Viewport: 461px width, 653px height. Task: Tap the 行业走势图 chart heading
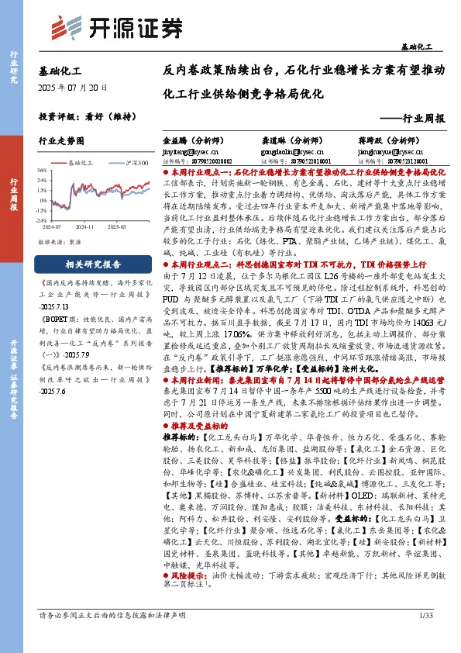pos(60,141)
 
